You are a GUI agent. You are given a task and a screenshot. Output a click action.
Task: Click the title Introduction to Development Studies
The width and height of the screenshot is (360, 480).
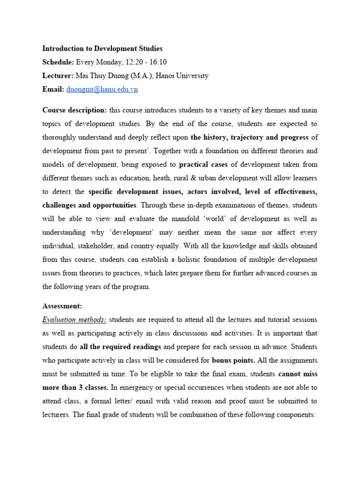103,48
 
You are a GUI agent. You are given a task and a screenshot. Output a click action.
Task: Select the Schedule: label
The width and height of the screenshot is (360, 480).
58,62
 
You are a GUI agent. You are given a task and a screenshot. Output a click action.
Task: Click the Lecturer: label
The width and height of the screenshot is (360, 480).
58,75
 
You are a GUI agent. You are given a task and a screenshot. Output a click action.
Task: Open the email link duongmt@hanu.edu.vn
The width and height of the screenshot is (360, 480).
102,89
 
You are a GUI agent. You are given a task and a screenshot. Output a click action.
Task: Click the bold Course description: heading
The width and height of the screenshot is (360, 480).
75,110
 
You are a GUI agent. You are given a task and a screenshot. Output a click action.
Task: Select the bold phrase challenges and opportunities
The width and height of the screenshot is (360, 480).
90,205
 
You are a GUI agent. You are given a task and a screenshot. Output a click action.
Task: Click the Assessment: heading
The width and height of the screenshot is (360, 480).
62,306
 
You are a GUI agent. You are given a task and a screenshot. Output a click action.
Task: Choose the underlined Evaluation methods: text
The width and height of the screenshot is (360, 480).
74,320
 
